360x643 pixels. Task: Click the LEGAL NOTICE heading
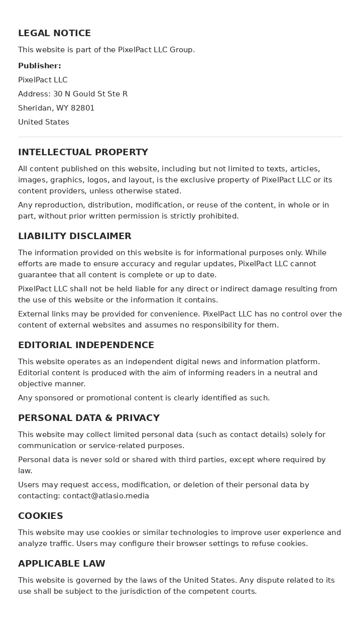[x=54, y=33]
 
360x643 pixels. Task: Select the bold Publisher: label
[x=40, y=66]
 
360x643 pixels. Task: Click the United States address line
[x=44, y=122]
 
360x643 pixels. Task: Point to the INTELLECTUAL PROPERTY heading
[x=83, y=152]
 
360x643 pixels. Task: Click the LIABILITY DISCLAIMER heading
[x=74, y=236]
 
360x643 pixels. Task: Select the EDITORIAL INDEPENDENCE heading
[x=86, y=345]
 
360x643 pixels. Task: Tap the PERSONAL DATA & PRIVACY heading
[x=89, y=418]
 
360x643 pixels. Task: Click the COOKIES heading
[x=41, y=516]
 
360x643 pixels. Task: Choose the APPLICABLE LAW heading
[x=62, y=564]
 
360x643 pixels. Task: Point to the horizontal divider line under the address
[x=180, y=137]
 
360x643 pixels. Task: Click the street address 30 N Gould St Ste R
[x=90, y=94]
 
